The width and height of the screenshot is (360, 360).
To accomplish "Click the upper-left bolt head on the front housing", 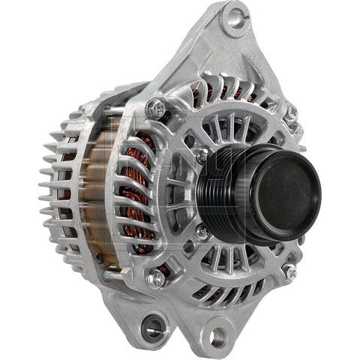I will (155, 106).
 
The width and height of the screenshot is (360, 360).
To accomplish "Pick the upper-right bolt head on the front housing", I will (292, 110).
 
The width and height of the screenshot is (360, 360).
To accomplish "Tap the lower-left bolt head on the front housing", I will (157, 279).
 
